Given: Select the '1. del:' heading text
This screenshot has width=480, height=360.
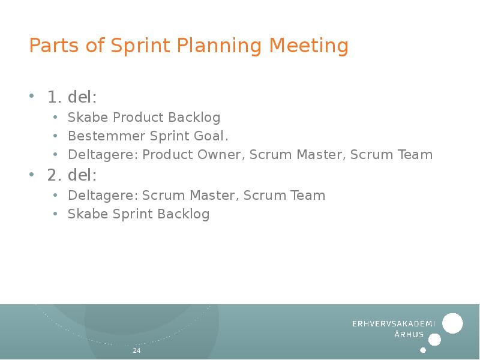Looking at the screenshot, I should [x=71, y=97].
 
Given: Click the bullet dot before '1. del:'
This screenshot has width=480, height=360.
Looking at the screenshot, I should [x=32, y=97].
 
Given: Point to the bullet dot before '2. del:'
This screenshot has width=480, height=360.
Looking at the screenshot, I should [x=32, y=175].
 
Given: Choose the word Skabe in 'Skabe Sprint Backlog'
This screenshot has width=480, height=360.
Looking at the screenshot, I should [x=88, y=214].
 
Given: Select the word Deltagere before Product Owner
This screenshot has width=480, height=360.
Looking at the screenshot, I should [x=103, y=155].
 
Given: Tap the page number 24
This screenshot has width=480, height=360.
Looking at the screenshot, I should [x=136, y=350].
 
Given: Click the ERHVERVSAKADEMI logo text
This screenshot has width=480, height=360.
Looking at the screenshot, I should [x=393, y=323].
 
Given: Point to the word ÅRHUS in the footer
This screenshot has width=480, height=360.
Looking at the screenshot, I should [x=409, y=335].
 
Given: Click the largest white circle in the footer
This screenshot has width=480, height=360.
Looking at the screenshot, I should [x=452, y=323].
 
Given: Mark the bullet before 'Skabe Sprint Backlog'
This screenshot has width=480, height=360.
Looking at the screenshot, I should [x=55, y=215].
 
